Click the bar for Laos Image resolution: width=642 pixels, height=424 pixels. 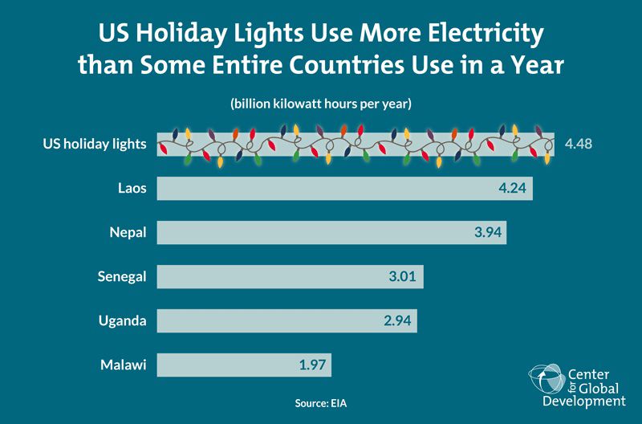click(321, 189)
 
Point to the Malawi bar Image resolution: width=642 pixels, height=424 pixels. click(225, 365)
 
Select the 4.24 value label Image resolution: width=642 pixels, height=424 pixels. click(512, 189)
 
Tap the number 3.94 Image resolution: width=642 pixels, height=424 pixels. click(488, 233)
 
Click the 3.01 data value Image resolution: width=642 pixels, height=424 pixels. click(404, 277)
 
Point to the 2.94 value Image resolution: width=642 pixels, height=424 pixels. click(398, 321)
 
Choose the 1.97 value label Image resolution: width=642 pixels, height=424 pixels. click(312, 365)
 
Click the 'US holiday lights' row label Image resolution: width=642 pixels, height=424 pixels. click(94, 145)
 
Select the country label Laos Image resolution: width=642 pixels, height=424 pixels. click(132, 189)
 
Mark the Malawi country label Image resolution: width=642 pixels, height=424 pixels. click(123, 365)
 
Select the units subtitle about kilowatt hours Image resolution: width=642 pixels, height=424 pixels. click(321, 104)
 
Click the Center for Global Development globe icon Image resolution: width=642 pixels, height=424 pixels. click(547, 379)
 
